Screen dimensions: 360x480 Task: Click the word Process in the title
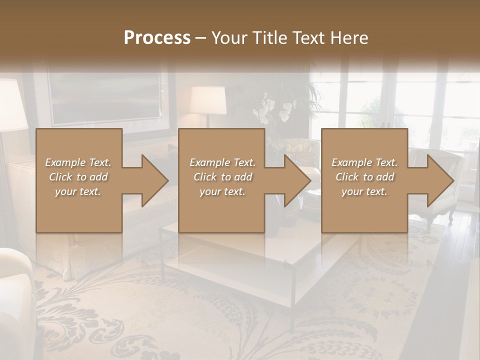pyautogui.click(x=157, y=37)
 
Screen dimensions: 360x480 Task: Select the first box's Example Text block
pyautogui.click(x=78, y=176)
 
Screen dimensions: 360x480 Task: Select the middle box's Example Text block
pyautogui.click(x=222, y=176)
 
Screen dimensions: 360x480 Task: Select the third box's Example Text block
pyautogui.click(x=364, y=176)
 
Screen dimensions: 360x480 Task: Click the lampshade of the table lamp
pyautogui.click(x=207, y=100)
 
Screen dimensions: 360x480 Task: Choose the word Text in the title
pyautogui.click(x=308, y=37)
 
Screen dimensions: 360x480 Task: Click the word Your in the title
pyautogui.click(x=229, y=37)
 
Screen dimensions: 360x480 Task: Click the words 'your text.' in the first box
pyautogui.click(x=78, y=191)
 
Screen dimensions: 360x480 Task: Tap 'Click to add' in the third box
pyautogui.click(x=364, y=177)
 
